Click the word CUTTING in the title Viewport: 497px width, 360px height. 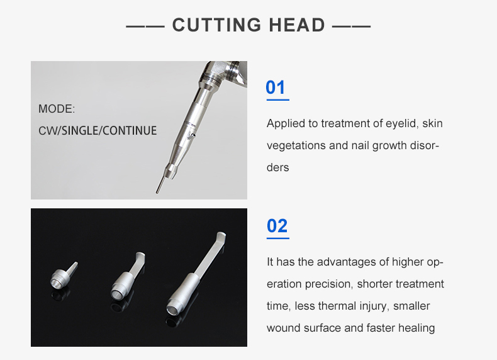point(217,25)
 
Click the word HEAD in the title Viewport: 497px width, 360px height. point(297,25)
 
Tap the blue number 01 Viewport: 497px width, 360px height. point(276,87)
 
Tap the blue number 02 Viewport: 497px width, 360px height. point(277,226)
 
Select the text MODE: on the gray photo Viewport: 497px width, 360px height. point(57,109)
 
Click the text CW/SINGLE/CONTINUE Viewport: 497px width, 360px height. point(98,131)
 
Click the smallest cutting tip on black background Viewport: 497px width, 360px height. point(64,276)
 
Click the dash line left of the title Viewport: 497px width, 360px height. point(145,26)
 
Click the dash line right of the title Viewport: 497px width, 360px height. point(351,26)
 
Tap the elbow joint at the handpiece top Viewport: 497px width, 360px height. point(225,73)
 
